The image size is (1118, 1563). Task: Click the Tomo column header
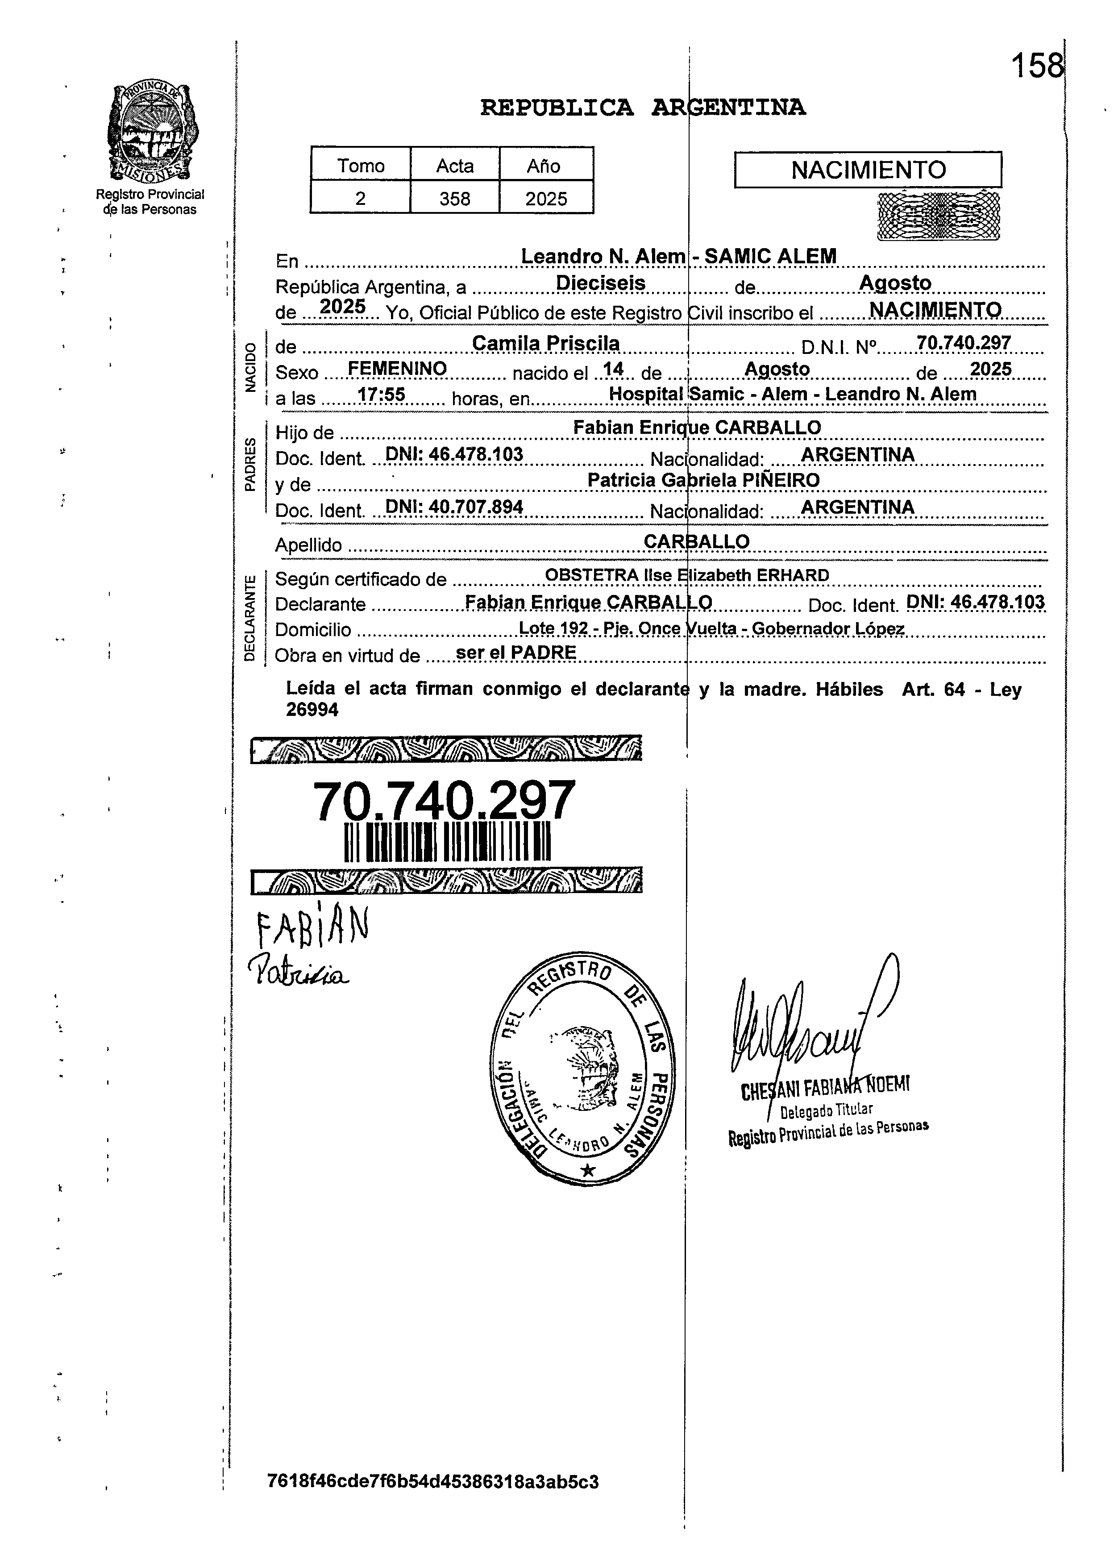click(361, 166)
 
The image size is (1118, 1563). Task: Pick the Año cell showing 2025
click(546, 199)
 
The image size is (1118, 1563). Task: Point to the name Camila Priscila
click(545, 343)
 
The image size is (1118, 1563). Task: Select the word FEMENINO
click(397, 369)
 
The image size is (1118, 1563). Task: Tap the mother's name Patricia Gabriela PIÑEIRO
click(703, 480)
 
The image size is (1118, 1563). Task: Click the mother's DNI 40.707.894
click(454, 507)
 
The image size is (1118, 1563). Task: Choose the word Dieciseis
click(600, 283)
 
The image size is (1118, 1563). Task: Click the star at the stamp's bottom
click(587, 1169)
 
